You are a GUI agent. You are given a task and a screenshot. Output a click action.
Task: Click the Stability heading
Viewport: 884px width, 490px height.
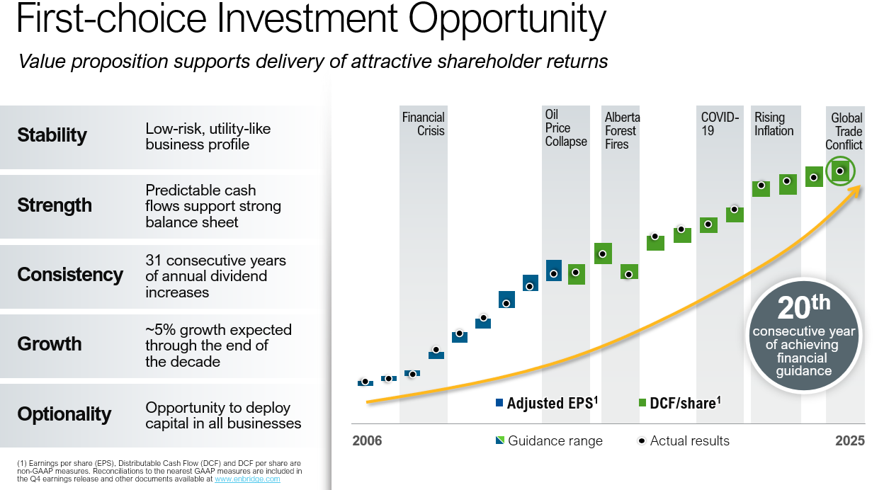pyautogui.click(x=52, y=135)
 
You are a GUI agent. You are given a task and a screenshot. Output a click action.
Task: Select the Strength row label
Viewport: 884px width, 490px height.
pyautogui.click(x=55, y=205)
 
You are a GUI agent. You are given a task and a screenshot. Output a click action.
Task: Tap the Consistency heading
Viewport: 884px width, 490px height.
pyautogui.click(x=70, y=275)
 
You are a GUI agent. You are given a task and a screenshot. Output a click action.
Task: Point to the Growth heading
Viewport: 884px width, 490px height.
pyautogui.click(x=50, y=344)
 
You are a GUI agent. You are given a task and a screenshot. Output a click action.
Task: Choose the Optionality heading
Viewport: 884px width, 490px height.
pyautogui.click(x=64, y=414)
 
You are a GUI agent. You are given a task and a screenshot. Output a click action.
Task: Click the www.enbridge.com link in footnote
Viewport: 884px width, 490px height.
pyautogui.click(x=247, y=479)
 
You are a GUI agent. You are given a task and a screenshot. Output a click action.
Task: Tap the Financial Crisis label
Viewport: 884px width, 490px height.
pyautogui.click(x=423, y=124)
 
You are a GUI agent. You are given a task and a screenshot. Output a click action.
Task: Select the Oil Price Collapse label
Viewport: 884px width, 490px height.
pyautogui.click(x=565, y=128)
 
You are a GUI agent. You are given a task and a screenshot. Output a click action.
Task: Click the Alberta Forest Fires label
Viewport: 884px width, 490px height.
pyautogui.click(x=620, y=131)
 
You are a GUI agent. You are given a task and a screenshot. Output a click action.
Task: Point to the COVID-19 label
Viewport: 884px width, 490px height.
pyautogui.click(x=720, y=124)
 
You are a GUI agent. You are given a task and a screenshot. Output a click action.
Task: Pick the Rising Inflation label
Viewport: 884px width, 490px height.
pyautogui.click(x=773, y=124)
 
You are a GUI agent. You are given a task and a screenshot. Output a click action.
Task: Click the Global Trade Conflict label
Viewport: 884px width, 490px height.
pyautogui.click(x=844, y=132)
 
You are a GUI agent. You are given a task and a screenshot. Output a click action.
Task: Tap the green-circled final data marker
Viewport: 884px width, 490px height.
pyautogui.click(x=840, y=171)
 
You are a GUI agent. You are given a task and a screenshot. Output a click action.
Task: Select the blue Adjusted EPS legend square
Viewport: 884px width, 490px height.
pyautogui.click(x=500, y=403)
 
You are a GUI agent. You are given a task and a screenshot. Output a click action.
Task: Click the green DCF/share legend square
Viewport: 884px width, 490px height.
pyautogui.click(x=642, y=403)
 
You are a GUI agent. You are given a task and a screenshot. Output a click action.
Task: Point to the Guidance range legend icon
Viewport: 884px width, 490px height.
pyautogui.click(x=500, y=441)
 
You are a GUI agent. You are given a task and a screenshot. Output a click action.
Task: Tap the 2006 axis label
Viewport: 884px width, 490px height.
pyautogui.click(x=367, y=441)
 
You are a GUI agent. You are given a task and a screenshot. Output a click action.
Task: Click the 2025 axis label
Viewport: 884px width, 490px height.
pyautogui.click(x=849, y=441)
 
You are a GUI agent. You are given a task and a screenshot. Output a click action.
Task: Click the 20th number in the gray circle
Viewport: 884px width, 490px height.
pyautogui.click(x=803, y=309)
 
